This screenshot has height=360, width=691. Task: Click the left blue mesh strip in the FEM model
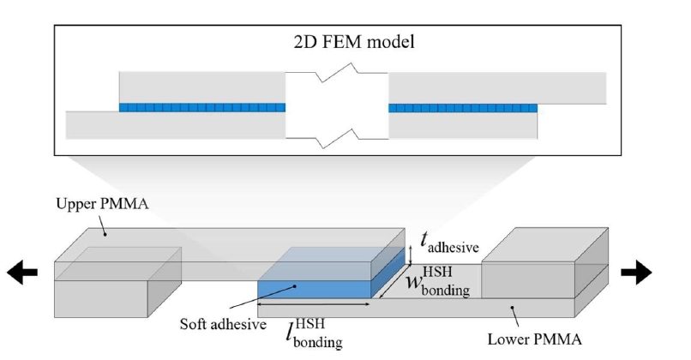tap(201, 108)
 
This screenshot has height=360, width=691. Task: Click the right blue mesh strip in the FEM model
tap(462, 108)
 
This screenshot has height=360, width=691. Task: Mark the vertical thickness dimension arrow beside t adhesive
tap(411, 254)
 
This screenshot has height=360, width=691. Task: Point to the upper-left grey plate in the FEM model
tap(201, 87)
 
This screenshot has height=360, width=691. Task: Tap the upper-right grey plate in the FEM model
tap(497, 87)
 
